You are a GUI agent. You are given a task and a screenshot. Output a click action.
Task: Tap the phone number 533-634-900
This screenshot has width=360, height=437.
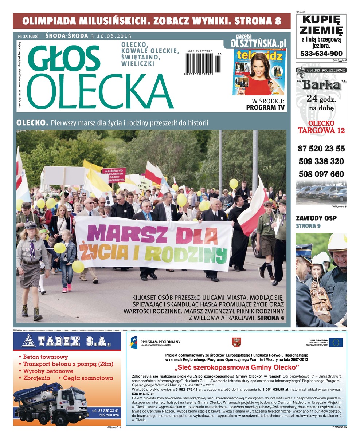[321, 54]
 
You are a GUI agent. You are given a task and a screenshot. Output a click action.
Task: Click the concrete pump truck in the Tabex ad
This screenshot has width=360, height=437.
[51, 404]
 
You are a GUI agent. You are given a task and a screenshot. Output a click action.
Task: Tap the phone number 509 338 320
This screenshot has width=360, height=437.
[321, 161]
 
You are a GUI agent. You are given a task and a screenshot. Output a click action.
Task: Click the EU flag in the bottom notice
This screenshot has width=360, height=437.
[336, 342]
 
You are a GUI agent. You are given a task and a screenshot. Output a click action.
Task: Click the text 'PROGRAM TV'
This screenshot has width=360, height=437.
[265, 107]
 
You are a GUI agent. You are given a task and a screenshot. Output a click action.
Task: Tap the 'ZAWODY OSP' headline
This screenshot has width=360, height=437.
[316, 218]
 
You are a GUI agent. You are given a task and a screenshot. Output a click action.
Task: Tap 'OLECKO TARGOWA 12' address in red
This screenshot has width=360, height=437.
[321, 127]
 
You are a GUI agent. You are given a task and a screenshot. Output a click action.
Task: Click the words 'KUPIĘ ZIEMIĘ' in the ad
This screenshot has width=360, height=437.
[321, 24]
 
